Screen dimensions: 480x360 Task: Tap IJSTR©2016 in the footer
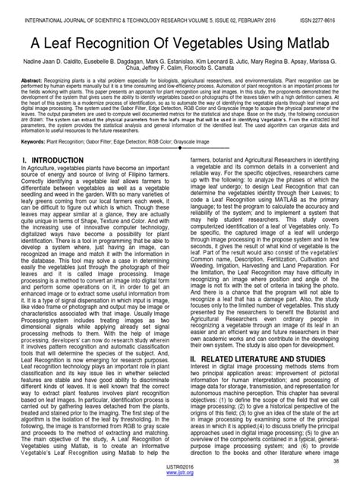click(x=180, y=469)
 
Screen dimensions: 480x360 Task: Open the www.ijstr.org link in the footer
click(x=180, y=475)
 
